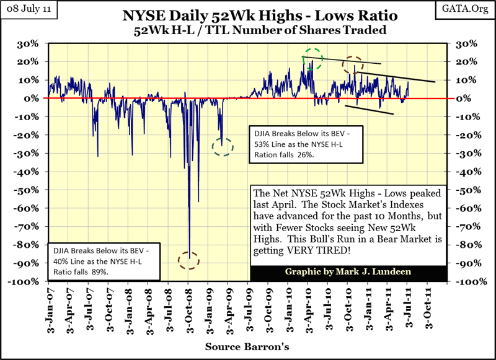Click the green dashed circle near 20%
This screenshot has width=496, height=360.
coord(314,58)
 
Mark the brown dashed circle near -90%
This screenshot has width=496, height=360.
coord(188,260)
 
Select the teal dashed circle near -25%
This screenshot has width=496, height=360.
coord(223,147)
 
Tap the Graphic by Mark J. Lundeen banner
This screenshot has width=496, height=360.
coord(348,272)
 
